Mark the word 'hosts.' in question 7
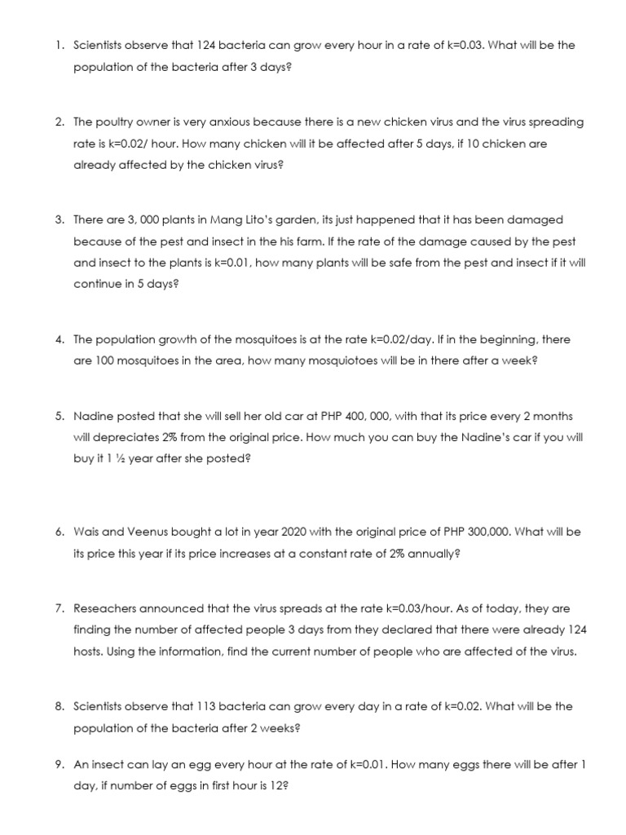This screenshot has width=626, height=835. tap(90, 652)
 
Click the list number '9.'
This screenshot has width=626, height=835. tap(60, 766)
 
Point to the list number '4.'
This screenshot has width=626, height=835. tap(60, 340)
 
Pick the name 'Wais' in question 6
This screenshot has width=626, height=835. tap(86, 532)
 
